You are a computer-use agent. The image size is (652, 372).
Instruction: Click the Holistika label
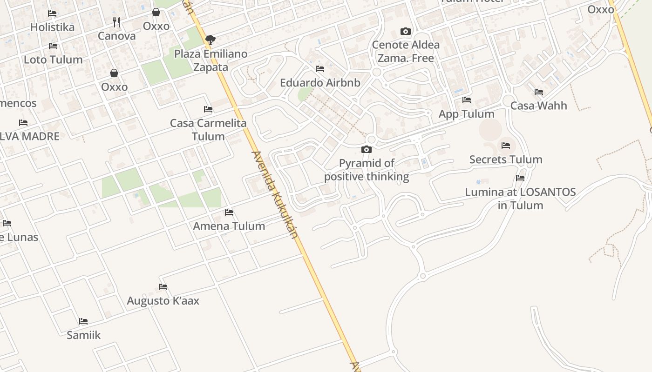52,27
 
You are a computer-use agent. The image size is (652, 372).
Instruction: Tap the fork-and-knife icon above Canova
116,22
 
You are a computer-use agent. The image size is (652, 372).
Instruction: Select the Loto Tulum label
53,60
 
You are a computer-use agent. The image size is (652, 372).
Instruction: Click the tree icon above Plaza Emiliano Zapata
211,40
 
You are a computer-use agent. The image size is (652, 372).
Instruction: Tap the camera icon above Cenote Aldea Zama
406,32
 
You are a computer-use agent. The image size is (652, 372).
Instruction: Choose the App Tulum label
466,114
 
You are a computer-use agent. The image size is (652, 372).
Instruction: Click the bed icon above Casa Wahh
539,92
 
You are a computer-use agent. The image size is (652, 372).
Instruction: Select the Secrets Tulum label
506,159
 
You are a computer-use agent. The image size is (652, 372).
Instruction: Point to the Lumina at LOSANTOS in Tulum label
520,199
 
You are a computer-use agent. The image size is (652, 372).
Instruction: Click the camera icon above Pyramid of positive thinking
367,149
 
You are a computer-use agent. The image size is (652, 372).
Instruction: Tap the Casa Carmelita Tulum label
208,130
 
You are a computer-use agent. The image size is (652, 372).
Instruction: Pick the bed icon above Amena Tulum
229,213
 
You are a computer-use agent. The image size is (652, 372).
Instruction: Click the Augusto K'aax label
163,301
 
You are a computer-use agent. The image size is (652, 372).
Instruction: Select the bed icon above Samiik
83,321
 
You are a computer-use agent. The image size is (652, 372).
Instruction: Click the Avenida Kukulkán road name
275,194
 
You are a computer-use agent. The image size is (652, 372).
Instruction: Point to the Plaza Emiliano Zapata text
211,60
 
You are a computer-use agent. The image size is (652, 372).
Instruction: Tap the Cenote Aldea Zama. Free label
406,52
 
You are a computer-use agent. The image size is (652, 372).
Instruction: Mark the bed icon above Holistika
52,13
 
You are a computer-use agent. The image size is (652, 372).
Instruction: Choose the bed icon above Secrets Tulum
506,146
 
